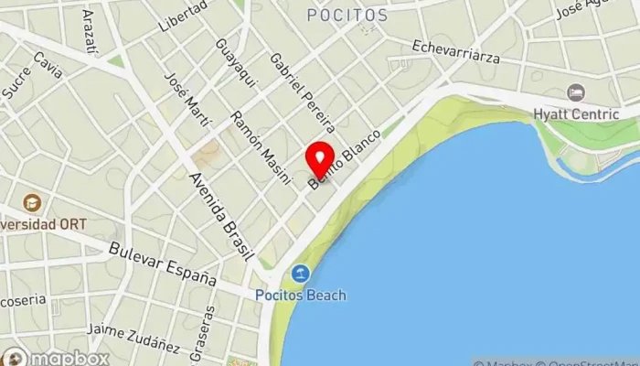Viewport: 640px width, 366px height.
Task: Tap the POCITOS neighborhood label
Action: pos(347,16)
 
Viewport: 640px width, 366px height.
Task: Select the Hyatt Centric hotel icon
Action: pos(575,92)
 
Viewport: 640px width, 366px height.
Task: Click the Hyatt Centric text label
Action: pos(576,113)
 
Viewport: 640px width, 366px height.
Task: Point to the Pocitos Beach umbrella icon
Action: pos(300,273)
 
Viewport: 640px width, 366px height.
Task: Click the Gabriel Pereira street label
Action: pos(304,91)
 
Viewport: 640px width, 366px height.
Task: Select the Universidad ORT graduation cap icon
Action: pos(32,202)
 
